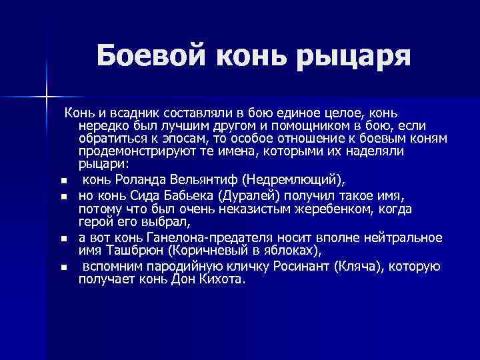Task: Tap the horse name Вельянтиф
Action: pyautogui.click(x=199, y=179)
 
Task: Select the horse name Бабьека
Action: pyautogui.click(x=198, y=196)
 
